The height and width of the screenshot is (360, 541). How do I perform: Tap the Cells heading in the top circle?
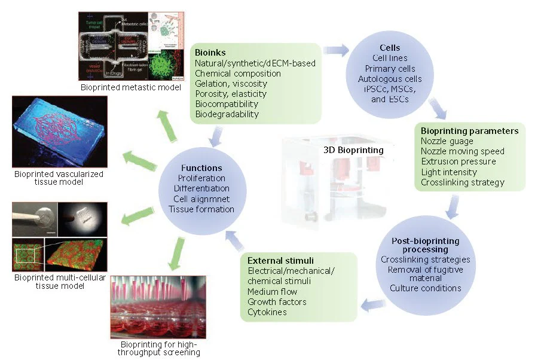click(x=389, y=48)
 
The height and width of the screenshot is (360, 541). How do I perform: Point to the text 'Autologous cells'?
click(x=389, y=79)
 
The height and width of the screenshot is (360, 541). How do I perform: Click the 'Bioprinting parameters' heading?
click(x=469, y=131)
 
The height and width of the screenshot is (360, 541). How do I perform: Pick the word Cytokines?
click(x=267, y=312)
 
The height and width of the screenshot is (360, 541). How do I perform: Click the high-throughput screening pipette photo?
click(x=158, y=307)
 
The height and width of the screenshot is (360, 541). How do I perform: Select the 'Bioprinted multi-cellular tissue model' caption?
click(x=49, y=282)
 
